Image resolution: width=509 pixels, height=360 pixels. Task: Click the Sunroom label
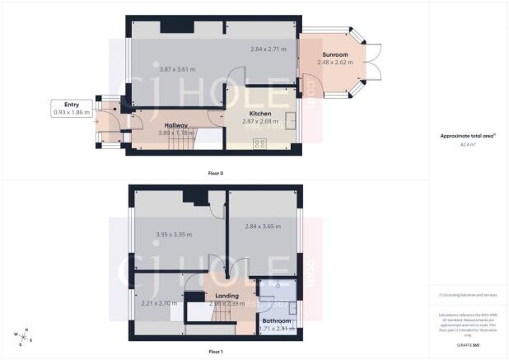[334, 55]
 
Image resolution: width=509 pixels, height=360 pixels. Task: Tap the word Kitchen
[261, 113]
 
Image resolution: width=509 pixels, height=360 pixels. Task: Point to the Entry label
[71, 105]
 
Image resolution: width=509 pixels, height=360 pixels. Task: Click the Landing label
[226, 296]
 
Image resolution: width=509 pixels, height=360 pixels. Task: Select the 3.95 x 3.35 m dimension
[175, 235]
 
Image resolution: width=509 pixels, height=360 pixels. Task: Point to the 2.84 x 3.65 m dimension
[263, 227]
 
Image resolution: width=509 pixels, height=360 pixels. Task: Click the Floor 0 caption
[215, 173]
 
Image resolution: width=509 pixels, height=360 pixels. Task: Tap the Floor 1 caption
[215, 352]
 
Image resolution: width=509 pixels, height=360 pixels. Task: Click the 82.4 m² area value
[469, 144]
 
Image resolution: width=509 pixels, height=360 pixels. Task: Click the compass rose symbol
[21, 335]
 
